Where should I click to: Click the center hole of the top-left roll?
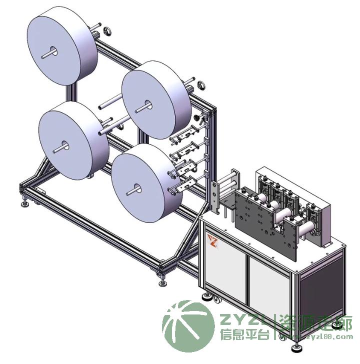click(53, 51)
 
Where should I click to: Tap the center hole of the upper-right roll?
click(147, 105)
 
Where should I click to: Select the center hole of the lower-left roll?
click(65, 146)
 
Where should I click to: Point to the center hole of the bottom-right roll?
click(137, 188)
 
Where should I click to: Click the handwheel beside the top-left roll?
click(107, 31)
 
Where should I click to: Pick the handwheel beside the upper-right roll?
click(201, 85)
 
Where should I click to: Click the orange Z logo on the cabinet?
click(212, 240)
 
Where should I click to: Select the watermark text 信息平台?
click(245, 334)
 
